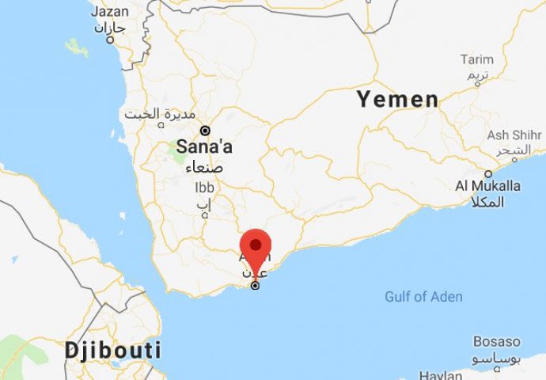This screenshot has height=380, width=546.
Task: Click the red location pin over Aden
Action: tap(255, 243)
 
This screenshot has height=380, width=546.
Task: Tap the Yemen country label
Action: tap(397, 100)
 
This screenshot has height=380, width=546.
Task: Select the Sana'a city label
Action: tap(204, 147)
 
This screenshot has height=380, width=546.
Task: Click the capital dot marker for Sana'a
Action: tap(204, 130)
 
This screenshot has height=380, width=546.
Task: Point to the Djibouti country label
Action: tap(113, 350)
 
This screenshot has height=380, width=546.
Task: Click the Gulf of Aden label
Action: tap(423, 297)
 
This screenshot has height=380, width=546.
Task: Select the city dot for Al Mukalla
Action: tap(488, 173)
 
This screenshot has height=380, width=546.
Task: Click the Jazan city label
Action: tap(109, 12)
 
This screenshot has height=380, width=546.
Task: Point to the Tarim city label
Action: tap(476, 59)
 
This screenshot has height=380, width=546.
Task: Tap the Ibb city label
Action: tap(204, 188)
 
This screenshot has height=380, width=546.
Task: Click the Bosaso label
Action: tap(497, 342)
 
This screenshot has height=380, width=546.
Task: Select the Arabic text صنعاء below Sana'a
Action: tap(204, 167)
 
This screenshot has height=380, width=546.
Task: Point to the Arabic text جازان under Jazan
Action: tap(110, 28)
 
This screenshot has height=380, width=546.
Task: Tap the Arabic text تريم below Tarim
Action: tap(476, 76)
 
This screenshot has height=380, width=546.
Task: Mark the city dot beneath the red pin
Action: tap(255, 285)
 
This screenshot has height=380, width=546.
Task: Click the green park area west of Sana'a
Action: tap(180, 150)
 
